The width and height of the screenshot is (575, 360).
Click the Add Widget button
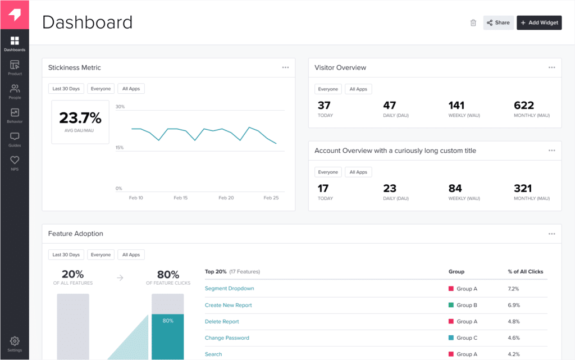pos(539,23)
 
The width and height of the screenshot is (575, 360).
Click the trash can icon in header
pos(473,23)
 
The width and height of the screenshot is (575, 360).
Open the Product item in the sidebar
pos(15,68)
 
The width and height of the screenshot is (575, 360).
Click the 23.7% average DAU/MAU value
pos(80,118)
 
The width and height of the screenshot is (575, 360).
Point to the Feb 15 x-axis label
pos(181,198)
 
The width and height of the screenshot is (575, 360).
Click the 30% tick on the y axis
pos(120,107)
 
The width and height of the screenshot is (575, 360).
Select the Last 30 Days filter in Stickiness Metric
pos(66,89)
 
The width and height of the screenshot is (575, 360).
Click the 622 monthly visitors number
pos(524,106)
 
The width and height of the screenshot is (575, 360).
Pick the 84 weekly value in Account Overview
pos(455,189)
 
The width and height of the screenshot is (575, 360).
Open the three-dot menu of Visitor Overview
pos(551,67)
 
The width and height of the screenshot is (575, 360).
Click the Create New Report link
pos(228,305)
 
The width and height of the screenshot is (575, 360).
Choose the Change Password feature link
pos(227,338)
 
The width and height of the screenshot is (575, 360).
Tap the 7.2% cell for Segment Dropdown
pos(514,289)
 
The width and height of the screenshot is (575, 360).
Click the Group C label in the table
pos(467,338)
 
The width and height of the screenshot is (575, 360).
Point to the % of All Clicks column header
pos(526,272)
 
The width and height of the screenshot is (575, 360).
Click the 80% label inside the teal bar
pos(167,321)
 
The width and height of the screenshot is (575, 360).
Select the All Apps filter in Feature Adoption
pos(131,255)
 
